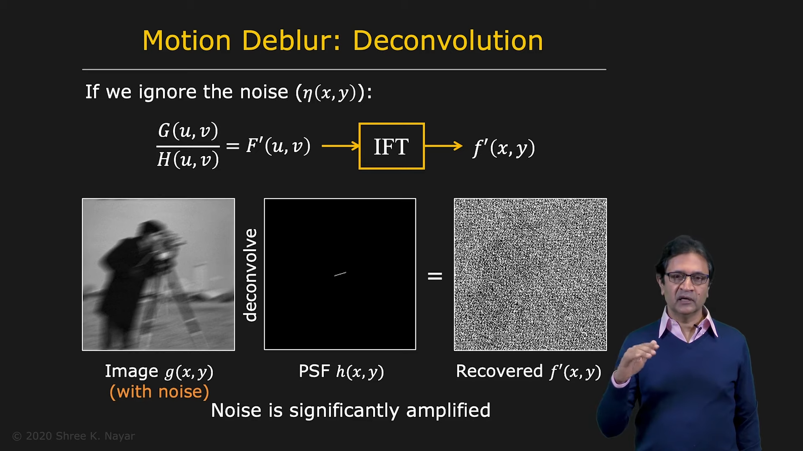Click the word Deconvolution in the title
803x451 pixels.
[x=448, y=41]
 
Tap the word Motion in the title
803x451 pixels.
[x=187, y=41]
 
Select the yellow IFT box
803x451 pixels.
[x=391, y=146]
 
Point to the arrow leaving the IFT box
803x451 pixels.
[x=444, y=146]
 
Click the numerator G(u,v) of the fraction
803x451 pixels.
[x=188, y=131]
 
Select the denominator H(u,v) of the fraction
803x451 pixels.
[x=188, y=160]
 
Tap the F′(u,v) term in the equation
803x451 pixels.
[x=278, y=146]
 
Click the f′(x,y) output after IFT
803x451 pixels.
[x=504, y=147]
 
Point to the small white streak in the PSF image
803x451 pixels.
[x=340, y=274]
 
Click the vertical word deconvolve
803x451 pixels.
[x=250, y=275]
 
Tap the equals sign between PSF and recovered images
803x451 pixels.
[x=435, y=276]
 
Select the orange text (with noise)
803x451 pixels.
[x=159, y=392]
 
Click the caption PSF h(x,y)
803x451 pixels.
[x=341, y=372]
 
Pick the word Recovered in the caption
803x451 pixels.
[x=499, y=371]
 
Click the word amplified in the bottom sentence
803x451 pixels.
[x=448, y=410]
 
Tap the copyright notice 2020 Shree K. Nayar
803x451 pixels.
[x=74, y=436]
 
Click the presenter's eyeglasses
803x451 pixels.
[x=687, y=278]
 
